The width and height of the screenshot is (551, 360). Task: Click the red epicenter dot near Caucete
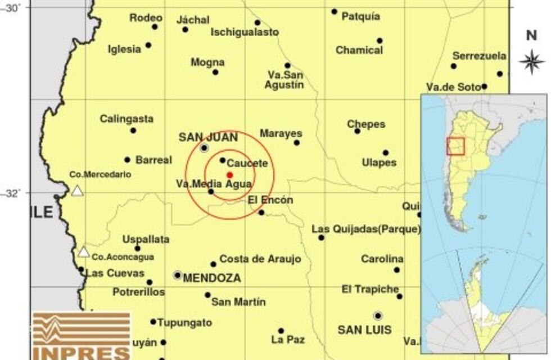pos(229,174)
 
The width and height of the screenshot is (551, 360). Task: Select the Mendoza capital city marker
pos(178,275)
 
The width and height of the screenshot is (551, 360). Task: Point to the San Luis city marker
pos(378,316)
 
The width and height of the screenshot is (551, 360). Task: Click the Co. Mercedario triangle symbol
pos(77,191)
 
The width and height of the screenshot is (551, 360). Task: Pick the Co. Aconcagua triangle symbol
pos(84,252)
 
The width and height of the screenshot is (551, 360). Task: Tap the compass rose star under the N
pos(531,61)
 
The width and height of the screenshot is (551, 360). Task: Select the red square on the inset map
pos(455,146)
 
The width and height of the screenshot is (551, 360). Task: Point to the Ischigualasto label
pos(245,33)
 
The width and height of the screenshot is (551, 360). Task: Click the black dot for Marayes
pos(296,142)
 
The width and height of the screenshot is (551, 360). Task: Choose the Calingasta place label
pos(127,119)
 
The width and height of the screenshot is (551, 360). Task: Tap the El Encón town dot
pos(261,212)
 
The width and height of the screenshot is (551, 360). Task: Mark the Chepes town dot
pos(357,131)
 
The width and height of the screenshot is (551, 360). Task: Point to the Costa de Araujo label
pos(260,259)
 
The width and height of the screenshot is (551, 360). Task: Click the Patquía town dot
pos(334,11)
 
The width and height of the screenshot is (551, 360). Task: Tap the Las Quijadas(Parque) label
pos(366,229)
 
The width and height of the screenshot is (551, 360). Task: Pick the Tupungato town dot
pos(153,322)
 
